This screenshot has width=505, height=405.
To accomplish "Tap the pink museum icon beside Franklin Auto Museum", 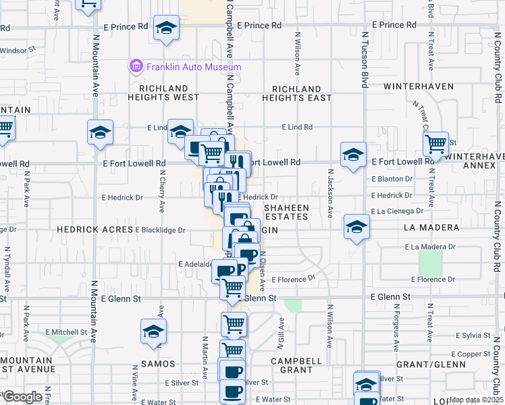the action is tap(136, 66).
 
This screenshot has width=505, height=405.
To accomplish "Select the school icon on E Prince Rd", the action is tap(165, 29).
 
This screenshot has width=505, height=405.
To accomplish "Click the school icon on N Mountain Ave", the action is tap(100, 132).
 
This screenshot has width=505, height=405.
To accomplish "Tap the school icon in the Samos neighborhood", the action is tap(153, 331).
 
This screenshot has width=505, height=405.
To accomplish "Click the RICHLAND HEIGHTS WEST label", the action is tap(163, 93).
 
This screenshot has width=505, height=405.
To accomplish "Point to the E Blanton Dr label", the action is tap(392, 179).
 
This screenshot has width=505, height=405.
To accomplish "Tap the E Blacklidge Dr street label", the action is tap(160, 230).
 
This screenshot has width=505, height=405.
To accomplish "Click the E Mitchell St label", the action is tap(67, 332).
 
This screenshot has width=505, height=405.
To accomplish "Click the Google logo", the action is tap(22, 397).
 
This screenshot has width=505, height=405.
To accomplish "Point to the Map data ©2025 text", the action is tap(476, 400).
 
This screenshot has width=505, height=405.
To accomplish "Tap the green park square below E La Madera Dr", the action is tap(430, 263).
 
